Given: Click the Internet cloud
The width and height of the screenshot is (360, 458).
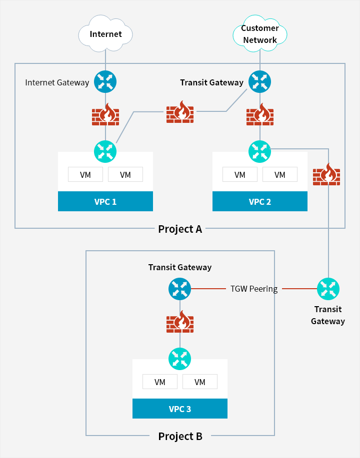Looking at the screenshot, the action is pyautogui.click(x=105, y=33).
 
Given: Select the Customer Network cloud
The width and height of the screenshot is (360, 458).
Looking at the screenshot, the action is pyautogui.click(x=259, y=33).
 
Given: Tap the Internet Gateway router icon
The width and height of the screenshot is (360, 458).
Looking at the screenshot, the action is pyautogui.click(x=105, y=82).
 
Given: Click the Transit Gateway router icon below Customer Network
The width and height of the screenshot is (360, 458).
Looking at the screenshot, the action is pyautogui.click(x=259, y=82).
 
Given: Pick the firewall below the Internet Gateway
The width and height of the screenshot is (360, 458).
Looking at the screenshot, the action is pyautogui.click(x=105, y=114).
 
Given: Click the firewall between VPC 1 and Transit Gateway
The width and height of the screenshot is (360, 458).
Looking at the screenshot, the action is pyautogui.click(x=180, y=112).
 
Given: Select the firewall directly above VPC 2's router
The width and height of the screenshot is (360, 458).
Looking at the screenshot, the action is pyautogui.click(x=259, y=114).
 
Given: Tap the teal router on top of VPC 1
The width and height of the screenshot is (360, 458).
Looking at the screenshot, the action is pyautogui.click(x=105, y=152).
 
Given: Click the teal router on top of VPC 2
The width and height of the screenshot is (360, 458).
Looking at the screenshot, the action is pyautogui.click(x=259, y=152).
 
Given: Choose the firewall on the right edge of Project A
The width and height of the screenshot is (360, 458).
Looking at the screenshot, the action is pyautogui.click(x=326, y=174).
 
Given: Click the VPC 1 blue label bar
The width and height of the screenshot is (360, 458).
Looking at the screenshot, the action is pyautogui.click(x=105, y=201).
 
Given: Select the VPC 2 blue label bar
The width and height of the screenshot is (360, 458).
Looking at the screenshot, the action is pyautogui.click(x=259, y=201).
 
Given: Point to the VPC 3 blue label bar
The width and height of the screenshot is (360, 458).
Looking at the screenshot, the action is pyautogui.click(x=180, y=409).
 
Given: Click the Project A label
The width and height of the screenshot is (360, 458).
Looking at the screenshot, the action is pyautogui.click(x=180, y=229).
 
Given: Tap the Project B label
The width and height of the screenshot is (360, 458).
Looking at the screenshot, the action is pyautogui.click(x=180, y=436).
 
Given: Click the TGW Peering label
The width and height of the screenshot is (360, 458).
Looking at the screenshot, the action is pyautogui.click(x=254, y=289).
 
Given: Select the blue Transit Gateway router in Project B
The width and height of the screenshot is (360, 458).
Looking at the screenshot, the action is pyautogui.click(x=180, y=289).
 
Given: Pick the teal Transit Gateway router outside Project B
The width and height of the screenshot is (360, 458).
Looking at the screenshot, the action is pyautogui.click(x=328, y=289).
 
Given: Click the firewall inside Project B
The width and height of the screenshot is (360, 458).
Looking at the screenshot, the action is pyautogui.click(x=180, y=322).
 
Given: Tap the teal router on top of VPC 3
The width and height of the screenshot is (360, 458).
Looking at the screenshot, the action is pyautogui.click(x=180, y=359).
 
